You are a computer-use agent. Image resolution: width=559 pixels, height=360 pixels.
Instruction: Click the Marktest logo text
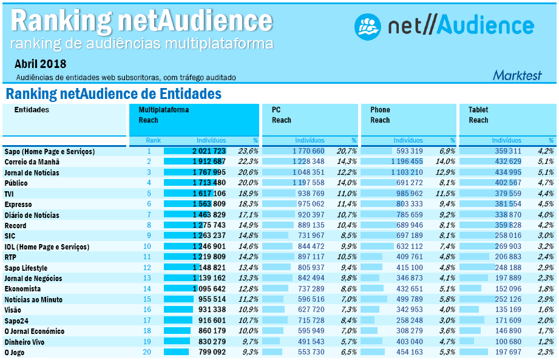tap(525, 75)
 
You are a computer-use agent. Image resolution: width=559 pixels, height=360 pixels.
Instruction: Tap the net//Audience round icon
tap(367, 25)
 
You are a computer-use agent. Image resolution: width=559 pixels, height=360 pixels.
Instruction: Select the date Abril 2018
tap(41, 64)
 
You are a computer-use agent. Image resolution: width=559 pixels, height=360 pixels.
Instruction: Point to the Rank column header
tap(153, 140)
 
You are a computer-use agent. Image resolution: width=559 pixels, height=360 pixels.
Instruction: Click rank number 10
tap(147, 246)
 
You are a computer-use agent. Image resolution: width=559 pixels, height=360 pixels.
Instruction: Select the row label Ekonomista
tap(23, 289)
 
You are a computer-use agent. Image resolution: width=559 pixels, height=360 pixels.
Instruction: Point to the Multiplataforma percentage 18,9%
tap(248, 194)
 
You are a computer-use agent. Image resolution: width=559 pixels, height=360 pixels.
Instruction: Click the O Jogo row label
tap(16, 352)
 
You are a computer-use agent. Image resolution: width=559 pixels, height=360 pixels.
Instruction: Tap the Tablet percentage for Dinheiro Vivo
tap(546, 342)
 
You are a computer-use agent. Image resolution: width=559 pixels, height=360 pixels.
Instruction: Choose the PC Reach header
tap(282, 115)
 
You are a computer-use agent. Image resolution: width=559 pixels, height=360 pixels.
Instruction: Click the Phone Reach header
tap(381, 115)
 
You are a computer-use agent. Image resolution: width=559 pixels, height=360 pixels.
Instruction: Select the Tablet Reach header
tap(478, 115)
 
